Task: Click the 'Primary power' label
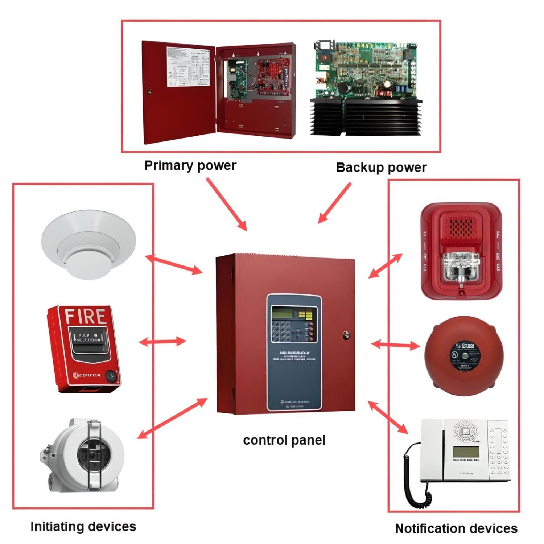coord(190,165)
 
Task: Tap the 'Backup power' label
coord(381,168)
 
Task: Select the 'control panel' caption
coord(284,440)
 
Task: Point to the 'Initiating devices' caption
coord(83,526)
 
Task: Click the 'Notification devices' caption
coord(456,528)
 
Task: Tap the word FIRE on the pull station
coord(85,316)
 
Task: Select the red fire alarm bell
coord(461,354)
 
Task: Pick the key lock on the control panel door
coord(346,335)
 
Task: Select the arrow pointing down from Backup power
coord(334,203)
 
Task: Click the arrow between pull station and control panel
coord(162,341)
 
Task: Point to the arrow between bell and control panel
coord(395,345)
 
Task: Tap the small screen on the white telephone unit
coord(466,452)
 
